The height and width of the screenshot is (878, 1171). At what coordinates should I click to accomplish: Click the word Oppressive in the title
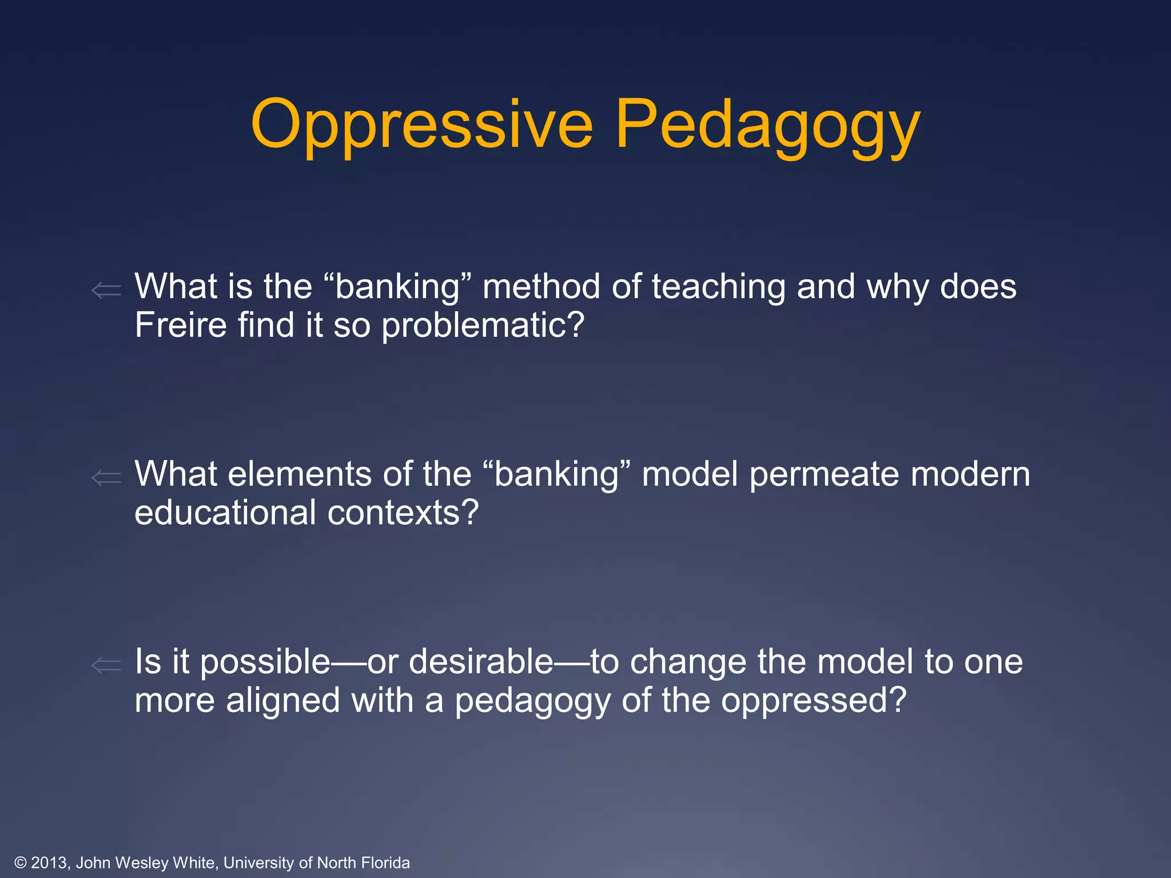pyautogui.click(x=421, y=125)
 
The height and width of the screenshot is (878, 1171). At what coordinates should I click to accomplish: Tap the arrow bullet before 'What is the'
pyautogui.click(x=106, y=290)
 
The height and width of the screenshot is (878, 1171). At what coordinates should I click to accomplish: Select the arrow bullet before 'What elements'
pyautogui.click(x=106, y=477)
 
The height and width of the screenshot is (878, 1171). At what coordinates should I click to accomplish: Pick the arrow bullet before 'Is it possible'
pyautogui.click(x=106, y=665)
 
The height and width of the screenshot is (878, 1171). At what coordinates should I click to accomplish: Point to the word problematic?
pyautogui.click(x=483, y=326)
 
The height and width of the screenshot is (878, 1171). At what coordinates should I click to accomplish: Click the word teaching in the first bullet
pyautogui.click(x=718, y=287)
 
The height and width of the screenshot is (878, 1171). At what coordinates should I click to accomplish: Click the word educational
pyautogui.click(x=225, y=512)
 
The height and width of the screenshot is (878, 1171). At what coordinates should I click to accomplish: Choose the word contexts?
pyautogui.click(x=403, y=513)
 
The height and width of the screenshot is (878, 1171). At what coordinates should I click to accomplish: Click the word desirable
pyautogui.click(x=481, y=661)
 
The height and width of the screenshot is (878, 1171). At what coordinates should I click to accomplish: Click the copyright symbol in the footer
pyautogui.click(x=21, y=863)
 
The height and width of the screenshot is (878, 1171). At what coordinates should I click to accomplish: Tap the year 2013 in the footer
pyautogui.click(x=50, y=863)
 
